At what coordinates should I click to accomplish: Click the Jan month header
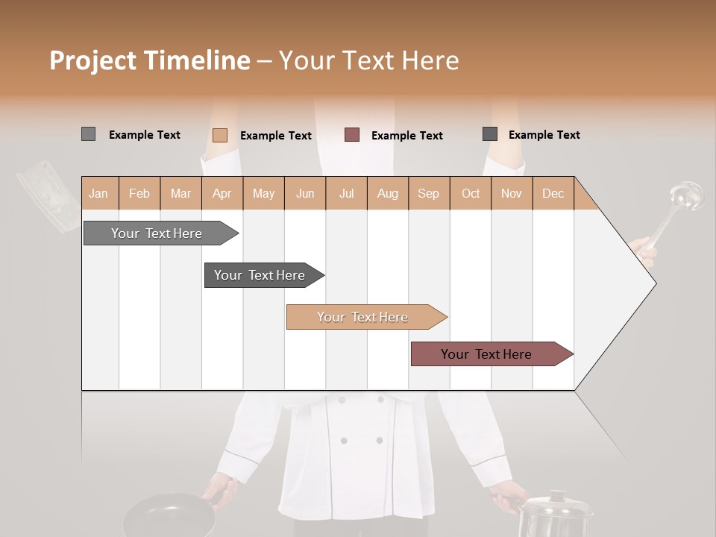click(98, 193)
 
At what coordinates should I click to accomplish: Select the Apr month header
click(222, 193)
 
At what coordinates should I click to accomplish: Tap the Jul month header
click(346, 193)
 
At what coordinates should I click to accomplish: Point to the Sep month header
click(428, 193)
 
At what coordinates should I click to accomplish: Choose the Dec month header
click(553, 193)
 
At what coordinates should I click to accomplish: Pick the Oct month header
click(471, 193)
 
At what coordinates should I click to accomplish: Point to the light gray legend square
click(88, 134)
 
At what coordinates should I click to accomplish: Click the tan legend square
click(219, 135)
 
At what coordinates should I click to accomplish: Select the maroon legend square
click(352, 135)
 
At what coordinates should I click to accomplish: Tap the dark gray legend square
click(490, 134)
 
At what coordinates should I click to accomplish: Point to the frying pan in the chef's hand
click(168, 516)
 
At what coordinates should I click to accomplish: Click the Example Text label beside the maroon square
click(406, 136)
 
